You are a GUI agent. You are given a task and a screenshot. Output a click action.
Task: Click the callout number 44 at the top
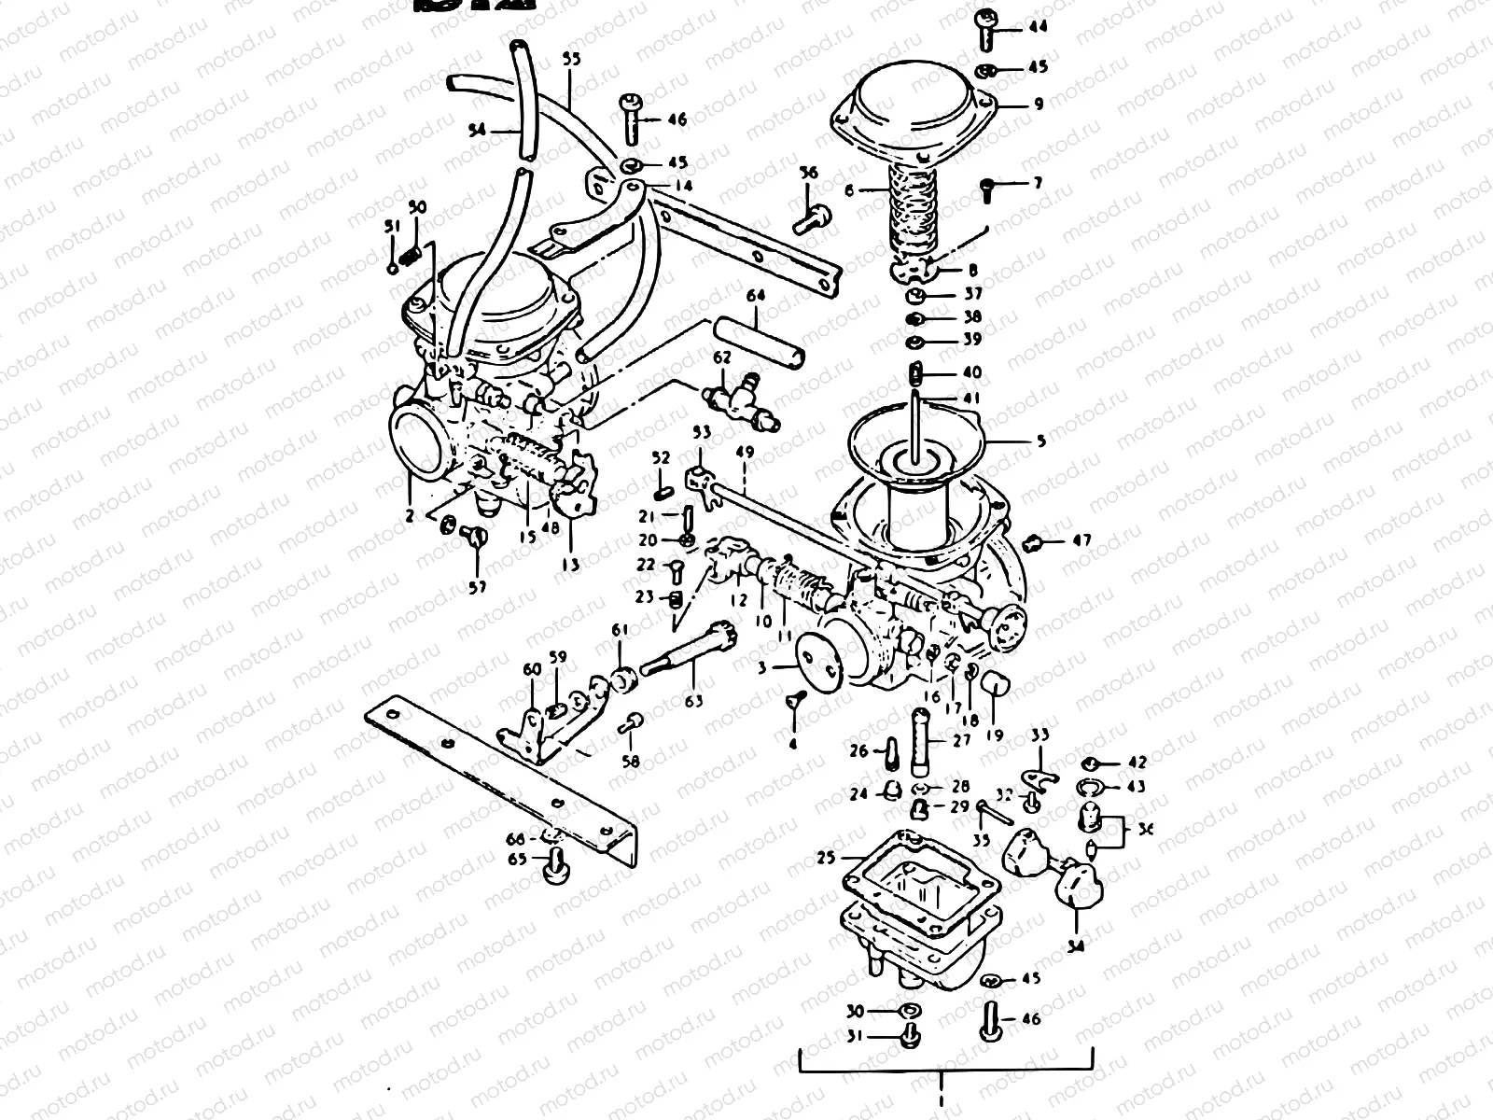pos(1038,27)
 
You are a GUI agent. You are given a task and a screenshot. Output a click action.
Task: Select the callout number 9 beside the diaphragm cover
pos(1038,105)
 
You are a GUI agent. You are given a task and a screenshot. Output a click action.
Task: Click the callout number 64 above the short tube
pos(755,296)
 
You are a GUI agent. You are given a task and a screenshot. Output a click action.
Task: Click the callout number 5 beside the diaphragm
pos(1041,441)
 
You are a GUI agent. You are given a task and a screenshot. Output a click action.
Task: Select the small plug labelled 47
pos(1033,541)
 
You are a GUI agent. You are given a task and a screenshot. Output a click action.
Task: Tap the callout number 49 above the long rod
pos(744,454)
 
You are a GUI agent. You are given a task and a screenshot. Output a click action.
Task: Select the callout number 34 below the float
pos(1077,946)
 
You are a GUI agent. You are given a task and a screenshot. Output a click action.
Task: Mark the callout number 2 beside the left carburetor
pos(408,512)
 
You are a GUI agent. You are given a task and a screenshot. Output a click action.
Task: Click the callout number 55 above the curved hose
pos(571,58)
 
